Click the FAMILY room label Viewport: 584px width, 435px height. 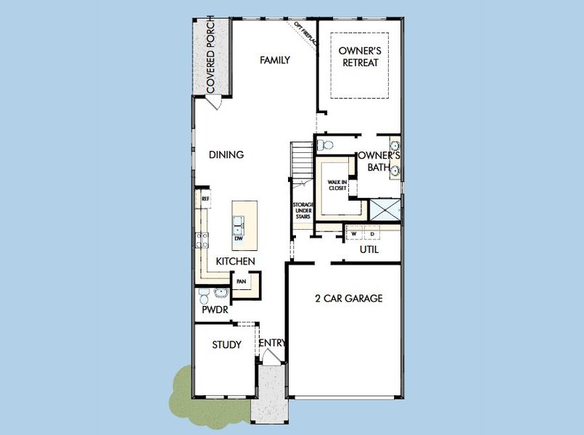tap(275, 60)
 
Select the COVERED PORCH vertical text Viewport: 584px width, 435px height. tap(210, 54)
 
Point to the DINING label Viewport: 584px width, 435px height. tap(226, 154)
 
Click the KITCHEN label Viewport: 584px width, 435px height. tap(234, 261)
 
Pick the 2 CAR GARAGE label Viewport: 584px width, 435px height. tap(348, 298)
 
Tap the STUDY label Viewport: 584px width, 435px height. tap(226, 344)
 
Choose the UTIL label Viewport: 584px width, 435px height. tap(369, 250)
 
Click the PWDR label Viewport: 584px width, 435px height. tap(215, 310)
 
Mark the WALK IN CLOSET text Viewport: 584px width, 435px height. tap(337, 186)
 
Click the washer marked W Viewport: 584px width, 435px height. tap(354, 234)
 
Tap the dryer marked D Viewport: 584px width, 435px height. tap(372, 234)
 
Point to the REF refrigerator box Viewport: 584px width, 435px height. tap(205, 198)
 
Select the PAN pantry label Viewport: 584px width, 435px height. tap(241, 281)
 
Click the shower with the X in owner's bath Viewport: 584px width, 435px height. tap(384, 210)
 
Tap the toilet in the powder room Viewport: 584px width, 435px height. tap(205, 296)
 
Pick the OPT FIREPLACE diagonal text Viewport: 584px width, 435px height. tap(305, 34)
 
